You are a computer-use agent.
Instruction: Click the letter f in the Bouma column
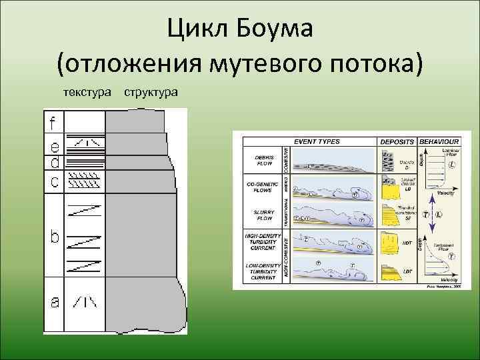(53, 123)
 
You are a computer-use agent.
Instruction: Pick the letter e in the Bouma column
(53, 145)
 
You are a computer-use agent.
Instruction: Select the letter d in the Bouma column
(53, 162)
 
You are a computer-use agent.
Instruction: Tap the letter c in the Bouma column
(53, 181)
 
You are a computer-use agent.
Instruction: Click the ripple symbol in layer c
(85, 180)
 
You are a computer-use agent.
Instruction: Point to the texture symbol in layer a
(85, 302)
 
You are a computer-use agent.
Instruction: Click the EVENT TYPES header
(317, 141)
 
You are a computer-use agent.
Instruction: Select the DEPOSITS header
(397, 141)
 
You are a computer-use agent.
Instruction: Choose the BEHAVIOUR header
(438, 141)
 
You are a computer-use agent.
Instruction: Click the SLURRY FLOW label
(265, 215)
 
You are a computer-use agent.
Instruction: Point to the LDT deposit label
(406, 271)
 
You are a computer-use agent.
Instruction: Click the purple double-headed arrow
(431, 214)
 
